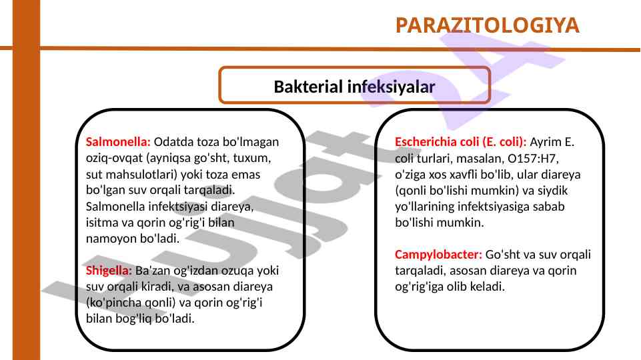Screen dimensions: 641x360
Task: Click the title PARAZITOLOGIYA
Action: coord(488,25)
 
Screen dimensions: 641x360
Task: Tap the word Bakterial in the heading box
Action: coord(308,87)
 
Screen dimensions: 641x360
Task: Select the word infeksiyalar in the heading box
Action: coord(392,87)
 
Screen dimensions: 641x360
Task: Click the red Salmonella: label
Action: coord(118,142)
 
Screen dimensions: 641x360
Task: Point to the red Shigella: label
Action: coord(109,271)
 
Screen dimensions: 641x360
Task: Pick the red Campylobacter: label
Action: coord(439,255)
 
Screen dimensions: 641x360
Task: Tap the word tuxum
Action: coord(252,158)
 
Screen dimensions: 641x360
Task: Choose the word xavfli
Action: coord(464,175)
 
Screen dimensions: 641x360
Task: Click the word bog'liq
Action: coord(133,319)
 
